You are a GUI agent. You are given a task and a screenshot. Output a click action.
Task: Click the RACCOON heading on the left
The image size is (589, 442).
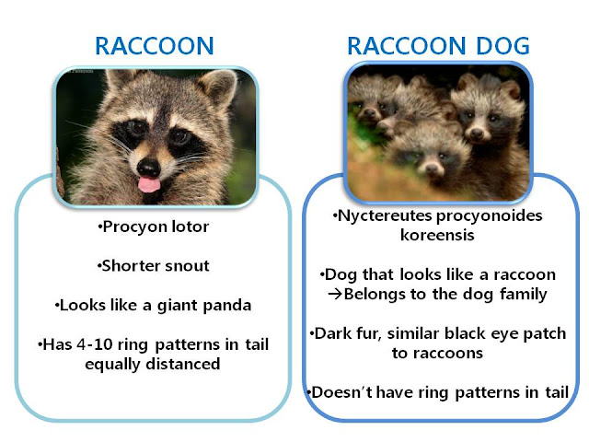point(155,46)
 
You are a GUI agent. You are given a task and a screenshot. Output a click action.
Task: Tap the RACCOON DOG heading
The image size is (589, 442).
point(437,46)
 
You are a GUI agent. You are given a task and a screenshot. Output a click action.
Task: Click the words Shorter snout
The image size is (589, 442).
point(155,267)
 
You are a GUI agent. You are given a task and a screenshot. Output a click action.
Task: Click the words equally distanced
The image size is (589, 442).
point(155,365)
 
